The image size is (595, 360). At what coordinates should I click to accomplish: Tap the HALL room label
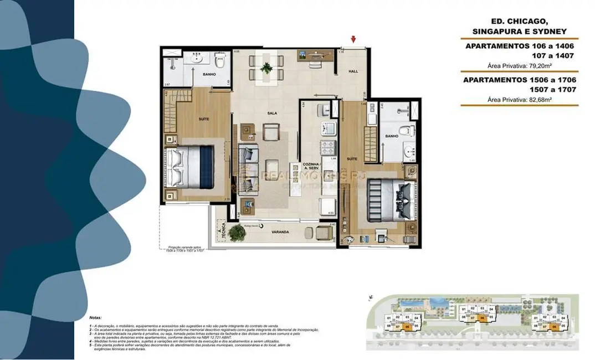click(353, 71)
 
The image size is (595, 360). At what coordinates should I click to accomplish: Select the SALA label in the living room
click(271, 113)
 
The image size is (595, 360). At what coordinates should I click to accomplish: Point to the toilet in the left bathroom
click(220, 61)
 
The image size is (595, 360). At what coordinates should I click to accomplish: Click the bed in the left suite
click(191, 164)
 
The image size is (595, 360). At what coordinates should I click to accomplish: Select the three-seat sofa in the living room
click(248, 169)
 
